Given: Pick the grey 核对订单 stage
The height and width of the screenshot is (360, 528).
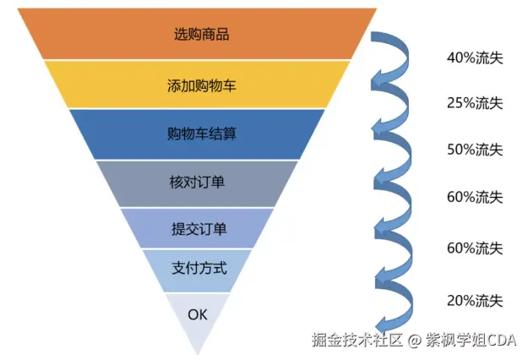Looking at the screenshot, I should tap(198, 183).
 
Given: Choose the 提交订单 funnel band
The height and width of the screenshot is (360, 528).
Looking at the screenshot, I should tap(198, 228).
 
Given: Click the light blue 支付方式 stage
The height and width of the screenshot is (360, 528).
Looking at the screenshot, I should tap(198, 270).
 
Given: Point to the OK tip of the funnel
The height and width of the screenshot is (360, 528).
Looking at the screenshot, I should tap(197, 314).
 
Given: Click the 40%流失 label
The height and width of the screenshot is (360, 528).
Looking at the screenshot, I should tap(474, 57).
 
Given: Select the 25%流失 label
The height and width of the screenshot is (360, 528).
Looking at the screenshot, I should tap(474, 103).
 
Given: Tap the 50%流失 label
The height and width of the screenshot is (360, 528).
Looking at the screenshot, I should tap(474, 150).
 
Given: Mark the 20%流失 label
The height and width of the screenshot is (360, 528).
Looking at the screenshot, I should tap(474, 300).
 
